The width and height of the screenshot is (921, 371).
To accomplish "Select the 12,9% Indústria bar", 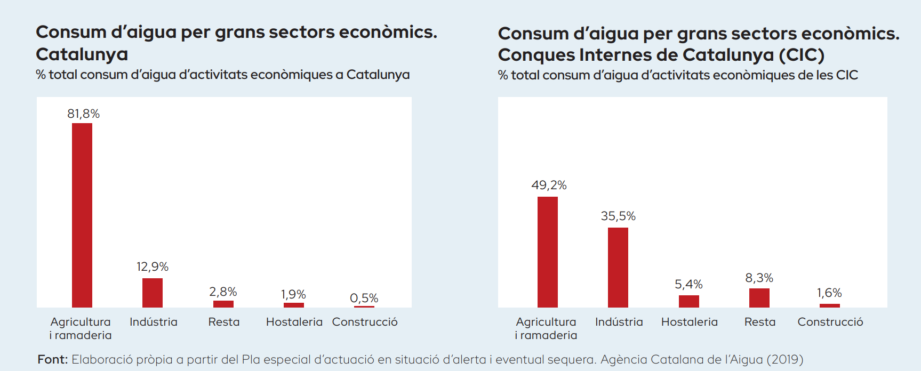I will (153, 293).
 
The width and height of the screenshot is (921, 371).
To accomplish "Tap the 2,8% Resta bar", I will (223, 304).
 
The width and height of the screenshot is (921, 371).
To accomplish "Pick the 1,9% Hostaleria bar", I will (294, 305).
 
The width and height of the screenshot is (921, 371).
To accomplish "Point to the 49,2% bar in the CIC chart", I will (548, 252).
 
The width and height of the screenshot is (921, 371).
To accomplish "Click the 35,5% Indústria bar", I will (618, 267).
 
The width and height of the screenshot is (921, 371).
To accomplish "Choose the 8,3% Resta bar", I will (759, 297).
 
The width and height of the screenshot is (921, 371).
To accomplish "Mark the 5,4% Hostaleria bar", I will (689, 301).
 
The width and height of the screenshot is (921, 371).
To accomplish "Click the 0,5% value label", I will (364, 298).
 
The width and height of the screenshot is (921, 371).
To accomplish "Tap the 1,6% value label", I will (829, 293).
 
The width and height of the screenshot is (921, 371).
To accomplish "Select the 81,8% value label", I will (83, 114).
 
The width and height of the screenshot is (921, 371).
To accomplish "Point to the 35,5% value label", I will (618, 216).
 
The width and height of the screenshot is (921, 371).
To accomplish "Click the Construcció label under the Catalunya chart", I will (365, 322).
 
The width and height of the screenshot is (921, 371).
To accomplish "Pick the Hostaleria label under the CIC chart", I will (690, 322).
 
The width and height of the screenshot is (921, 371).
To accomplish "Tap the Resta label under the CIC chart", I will (760, 322).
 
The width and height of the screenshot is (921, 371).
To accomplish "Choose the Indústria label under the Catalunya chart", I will (154, 322).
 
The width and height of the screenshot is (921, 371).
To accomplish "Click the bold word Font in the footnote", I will (52, 359).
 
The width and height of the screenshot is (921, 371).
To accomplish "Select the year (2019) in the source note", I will (785, 359).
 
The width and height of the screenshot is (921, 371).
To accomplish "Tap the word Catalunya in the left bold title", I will (82, 54).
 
